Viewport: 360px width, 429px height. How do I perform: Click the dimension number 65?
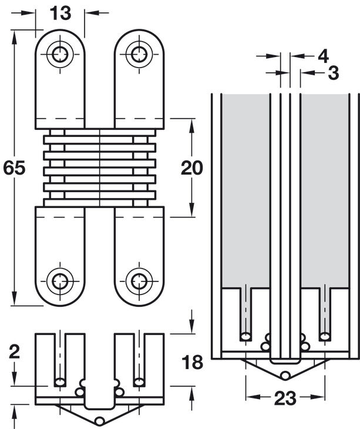(14, 167)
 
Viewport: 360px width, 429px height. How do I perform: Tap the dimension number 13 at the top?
(60, 13)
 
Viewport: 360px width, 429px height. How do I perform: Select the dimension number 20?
(192, 167)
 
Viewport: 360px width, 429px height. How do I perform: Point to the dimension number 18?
(193, 361)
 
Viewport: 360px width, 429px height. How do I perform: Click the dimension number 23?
(285, 398)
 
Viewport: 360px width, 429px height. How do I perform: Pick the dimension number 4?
(324, 56)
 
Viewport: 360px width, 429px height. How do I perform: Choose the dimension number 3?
(334, 73)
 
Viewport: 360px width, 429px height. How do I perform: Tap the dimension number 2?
(14, 351)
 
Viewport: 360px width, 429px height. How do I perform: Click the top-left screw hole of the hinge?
(60, 54)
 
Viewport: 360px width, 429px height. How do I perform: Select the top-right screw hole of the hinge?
(139, 54)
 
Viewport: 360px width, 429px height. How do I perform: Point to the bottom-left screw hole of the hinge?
(60, 281)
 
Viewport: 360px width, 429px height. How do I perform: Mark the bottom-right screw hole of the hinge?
(139, 281)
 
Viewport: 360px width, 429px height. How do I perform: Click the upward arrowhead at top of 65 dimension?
(14, 37)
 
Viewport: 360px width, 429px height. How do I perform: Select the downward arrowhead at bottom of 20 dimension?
(192, 210)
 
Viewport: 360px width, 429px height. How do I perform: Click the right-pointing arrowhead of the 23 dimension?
(318, 397)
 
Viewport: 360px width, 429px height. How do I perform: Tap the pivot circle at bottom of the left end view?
(100, 420)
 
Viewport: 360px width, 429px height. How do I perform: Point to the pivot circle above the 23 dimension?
(285, 375)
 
